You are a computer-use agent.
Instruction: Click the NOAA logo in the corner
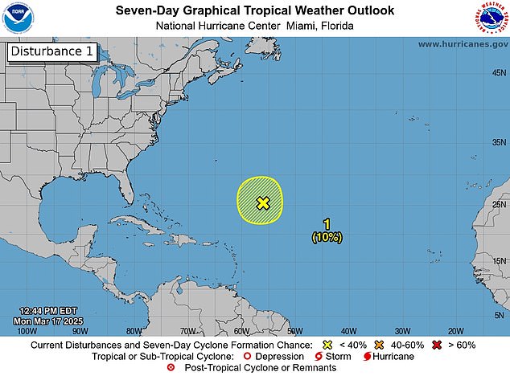pyautogui.click(x=16, y=17)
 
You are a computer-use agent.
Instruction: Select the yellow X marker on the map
pyautogui.click(x=262, y=202)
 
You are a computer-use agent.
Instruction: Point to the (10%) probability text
pyautogui.click(x=327, y=237)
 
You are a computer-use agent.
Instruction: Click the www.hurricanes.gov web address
pyautogui.click(x=462, y=44)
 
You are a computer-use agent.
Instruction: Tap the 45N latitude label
pyautogui.click(x=498, y=72)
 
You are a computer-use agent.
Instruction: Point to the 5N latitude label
pyautogui.click(x=500, y=316)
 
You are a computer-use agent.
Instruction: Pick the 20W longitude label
pyautogui.click(x=455, y=330)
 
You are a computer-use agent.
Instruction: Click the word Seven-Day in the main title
pyautogui.click(x=146, y=10)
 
